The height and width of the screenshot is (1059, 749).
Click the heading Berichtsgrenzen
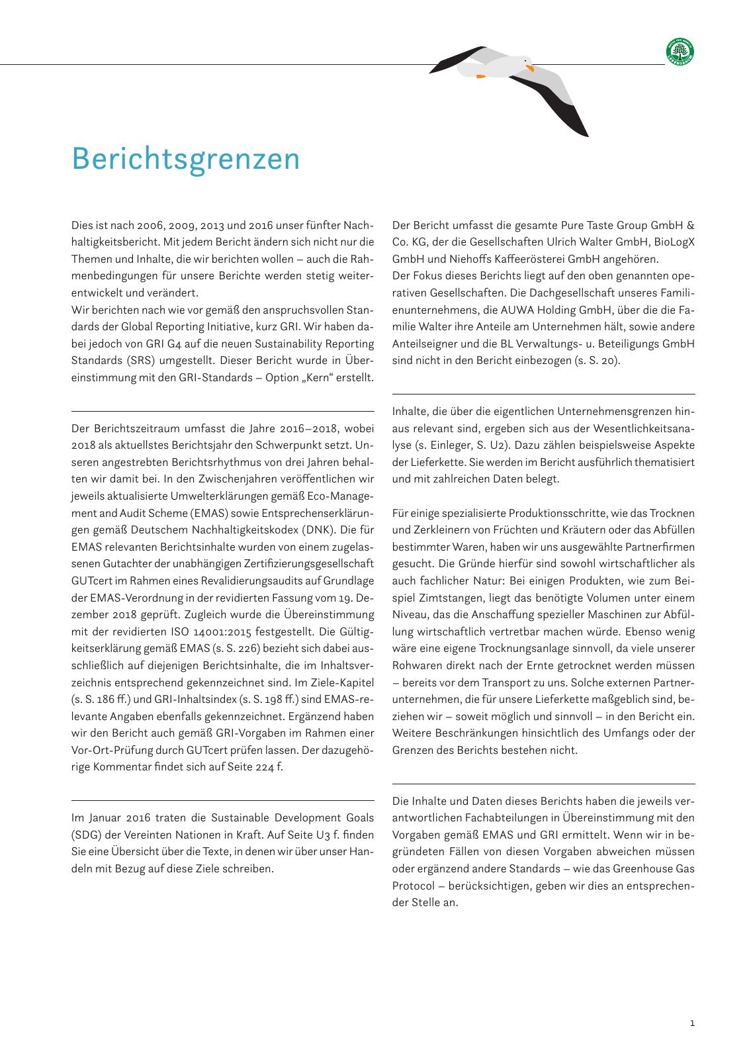click(186, 160)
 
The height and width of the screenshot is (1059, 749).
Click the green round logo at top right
click(680, 52)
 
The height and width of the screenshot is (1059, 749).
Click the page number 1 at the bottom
click(692, 1023)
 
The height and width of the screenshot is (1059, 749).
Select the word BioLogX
click(674, 242)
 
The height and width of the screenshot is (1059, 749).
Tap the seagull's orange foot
click(481, 76)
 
